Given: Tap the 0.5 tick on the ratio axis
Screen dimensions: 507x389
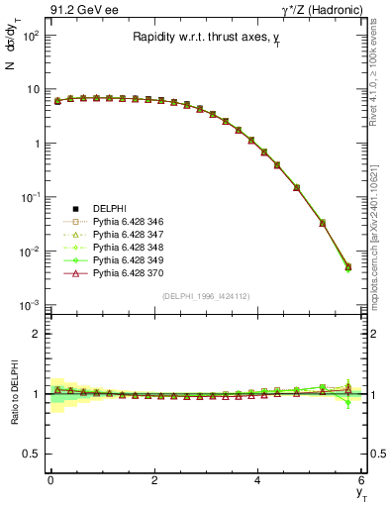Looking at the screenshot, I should point(33,454).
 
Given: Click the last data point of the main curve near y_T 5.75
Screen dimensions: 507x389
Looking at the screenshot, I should point(347,266).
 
